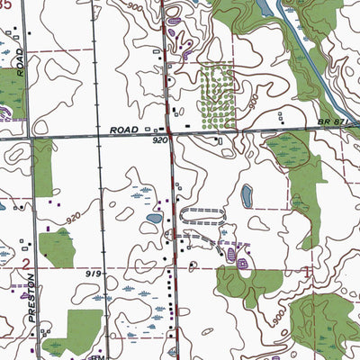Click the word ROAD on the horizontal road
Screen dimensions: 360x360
tap(124, 130)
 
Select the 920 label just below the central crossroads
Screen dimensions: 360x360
tap(160, 141)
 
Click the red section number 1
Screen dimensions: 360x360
tap(309, 269)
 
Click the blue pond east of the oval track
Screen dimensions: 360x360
tap(246, 194)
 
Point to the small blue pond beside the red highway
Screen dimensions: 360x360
tap(154, 219)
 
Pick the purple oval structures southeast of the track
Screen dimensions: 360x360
tap(236, 257)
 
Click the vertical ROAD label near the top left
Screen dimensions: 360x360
tap(19, 61)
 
